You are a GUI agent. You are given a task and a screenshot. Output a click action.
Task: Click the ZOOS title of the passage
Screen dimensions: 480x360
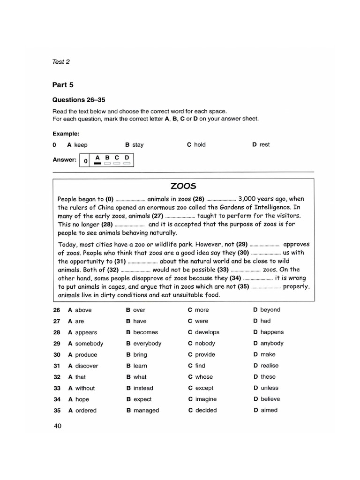[x=183, y=186]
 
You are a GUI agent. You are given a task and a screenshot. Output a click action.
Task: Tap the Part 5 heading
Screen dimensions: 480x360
[x=63, y=85]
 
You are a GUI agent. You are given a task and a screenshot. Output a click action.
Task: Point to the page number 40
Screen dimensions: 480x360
[x=58, y=426]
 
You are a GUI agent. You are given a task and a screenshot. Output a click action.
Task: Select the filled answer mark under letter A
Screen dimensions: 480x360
[x=97, y=164]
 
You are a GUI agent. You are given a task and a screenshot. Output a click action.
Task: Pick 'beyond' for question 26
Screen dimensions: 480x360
[x=270, y=310]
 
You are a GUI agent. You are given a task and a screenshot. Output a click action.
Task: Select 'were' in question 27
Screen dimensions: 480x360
[x=202, y=321]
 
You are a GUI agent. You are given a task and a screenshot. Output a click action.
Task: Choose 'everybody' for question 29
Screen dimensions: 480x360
[x=147, y=344]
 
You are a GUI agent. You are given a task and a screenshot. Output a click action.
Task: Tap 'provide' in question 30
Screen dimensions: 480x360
[x=205, y=355]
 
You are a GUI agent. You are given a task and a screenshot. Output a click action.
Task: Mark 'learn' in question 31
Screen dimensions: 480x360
[x=140, y=366]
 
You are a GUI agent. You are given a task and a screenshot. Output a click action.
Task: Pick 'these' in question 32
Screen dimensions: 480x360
[x=268, y=377]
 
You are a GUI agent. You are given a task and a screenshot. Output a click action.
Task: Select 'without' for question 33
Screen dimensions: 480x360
[x=85, y=388]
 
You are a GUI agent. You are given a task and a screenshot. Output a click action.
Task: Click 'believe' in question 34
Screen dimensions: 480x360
[x=270, y=399]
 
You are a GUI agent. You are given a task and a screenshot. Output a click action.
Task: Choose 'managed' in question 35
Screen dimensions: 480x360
[x=146, y=411]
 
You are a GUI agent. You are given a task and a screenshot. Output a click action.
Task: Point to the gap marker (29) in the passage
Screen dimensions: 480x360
[x=242, y=244]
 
